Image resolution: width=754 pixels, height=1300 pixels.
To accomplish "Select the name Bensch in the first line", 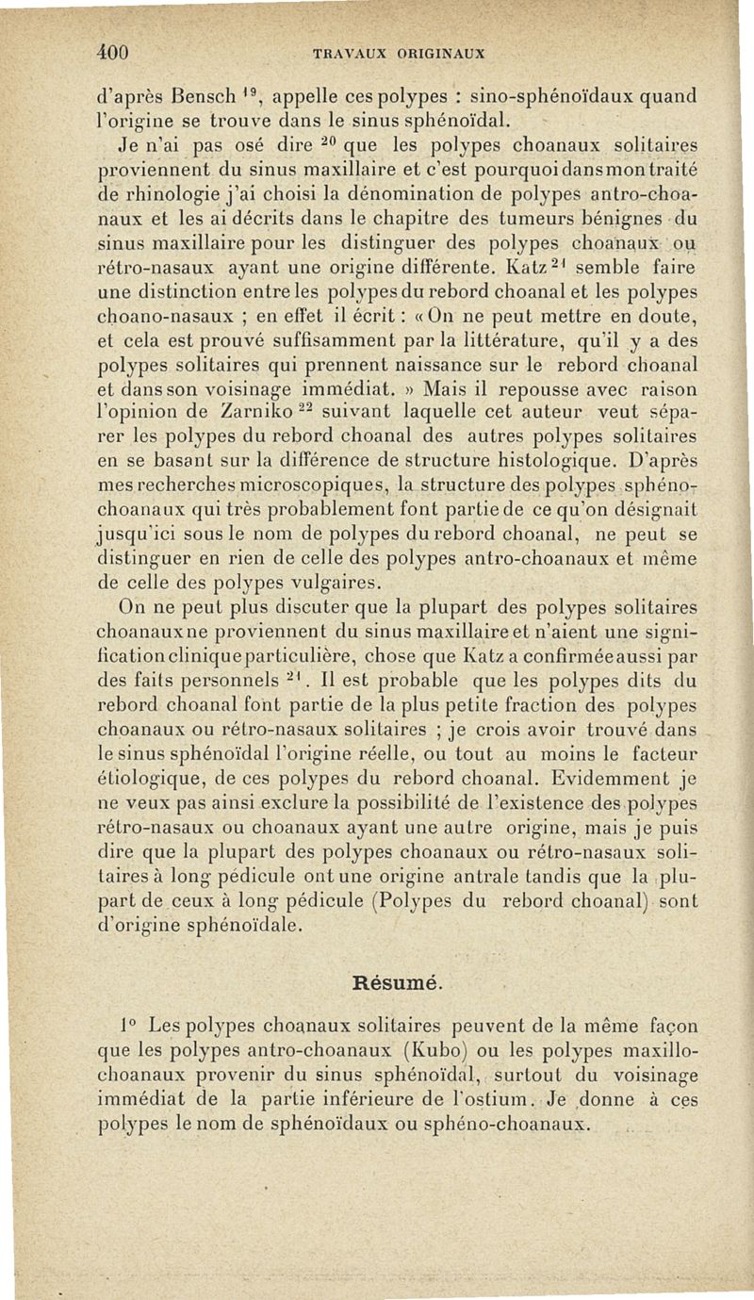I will point(205,94).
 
